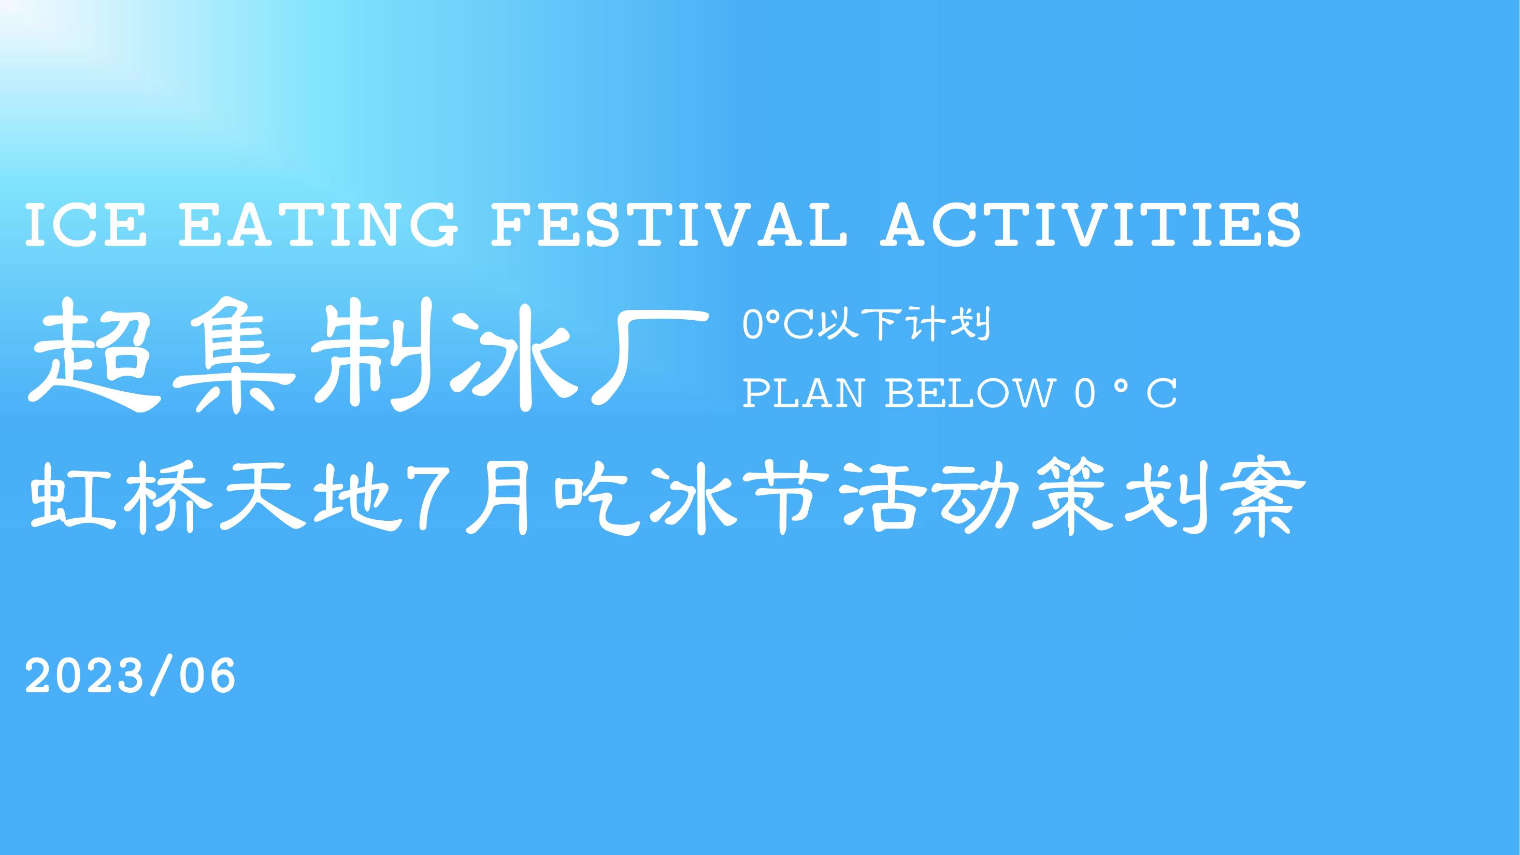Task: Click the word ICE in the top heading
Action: pyautogui.click(x=86, y=225)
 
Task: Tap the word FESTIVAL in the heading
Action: pyautogui.click(x=668, y=225)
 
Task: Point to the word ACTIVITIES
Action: pyautogui.click(x=1091, y=225)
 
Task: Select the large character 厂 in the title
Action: pyautogui.click(x=649, y=357)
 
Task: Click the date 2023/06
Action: pyautogui.click(x=130, y=676)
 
